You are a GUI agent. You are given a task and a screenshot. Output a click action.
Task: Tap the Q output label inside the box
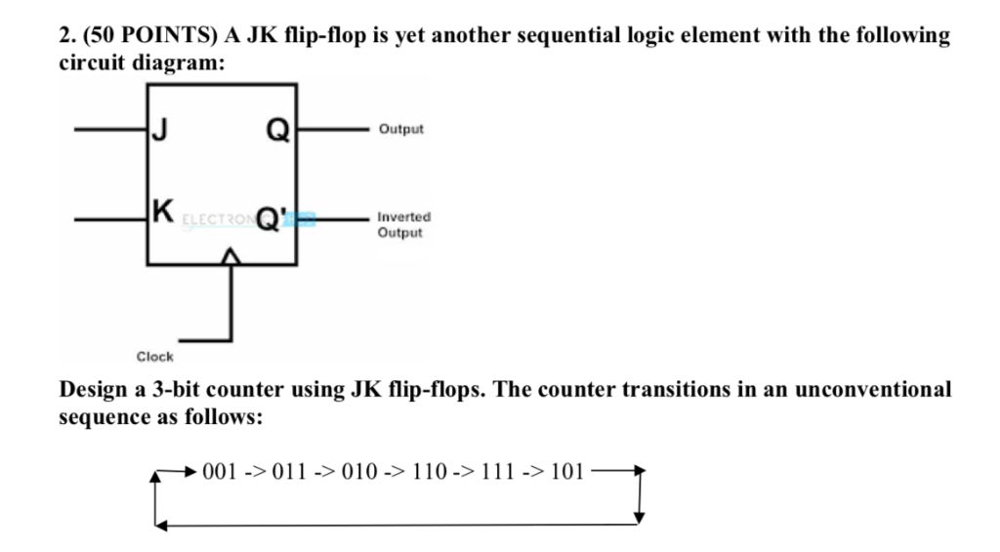[x=277, y=131]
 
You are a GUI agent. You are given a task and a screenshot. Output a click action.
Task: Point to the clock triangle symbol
[x=230, y=256]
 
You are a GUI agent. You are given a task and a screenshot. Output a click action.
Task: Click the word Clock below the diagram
[x=154, y=357]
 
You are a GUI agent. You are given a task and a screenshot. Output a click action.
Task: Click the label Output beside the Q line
[x=402, y=129]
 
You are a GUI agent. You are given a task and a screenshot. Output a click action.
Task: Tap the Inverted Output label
[x=404, y=226]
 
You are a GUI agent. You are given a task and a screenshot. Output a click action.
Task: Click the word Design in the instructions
[x=96, y=389]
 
